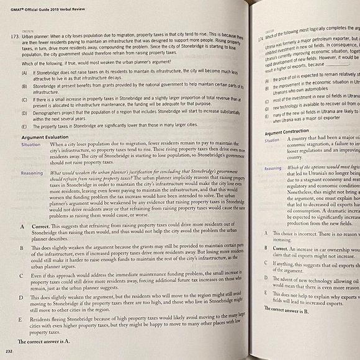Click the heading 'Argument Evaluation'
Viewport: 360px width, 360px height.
48,135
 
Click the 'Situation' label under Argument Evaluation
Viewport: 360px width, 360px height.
30,144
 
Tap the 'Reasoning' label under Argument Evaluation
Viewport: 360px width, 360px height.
32,173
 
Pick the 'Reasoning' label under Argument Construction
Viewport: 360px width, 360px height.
274,168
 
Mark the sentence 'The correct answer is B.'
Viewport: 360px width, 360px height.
287,308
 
